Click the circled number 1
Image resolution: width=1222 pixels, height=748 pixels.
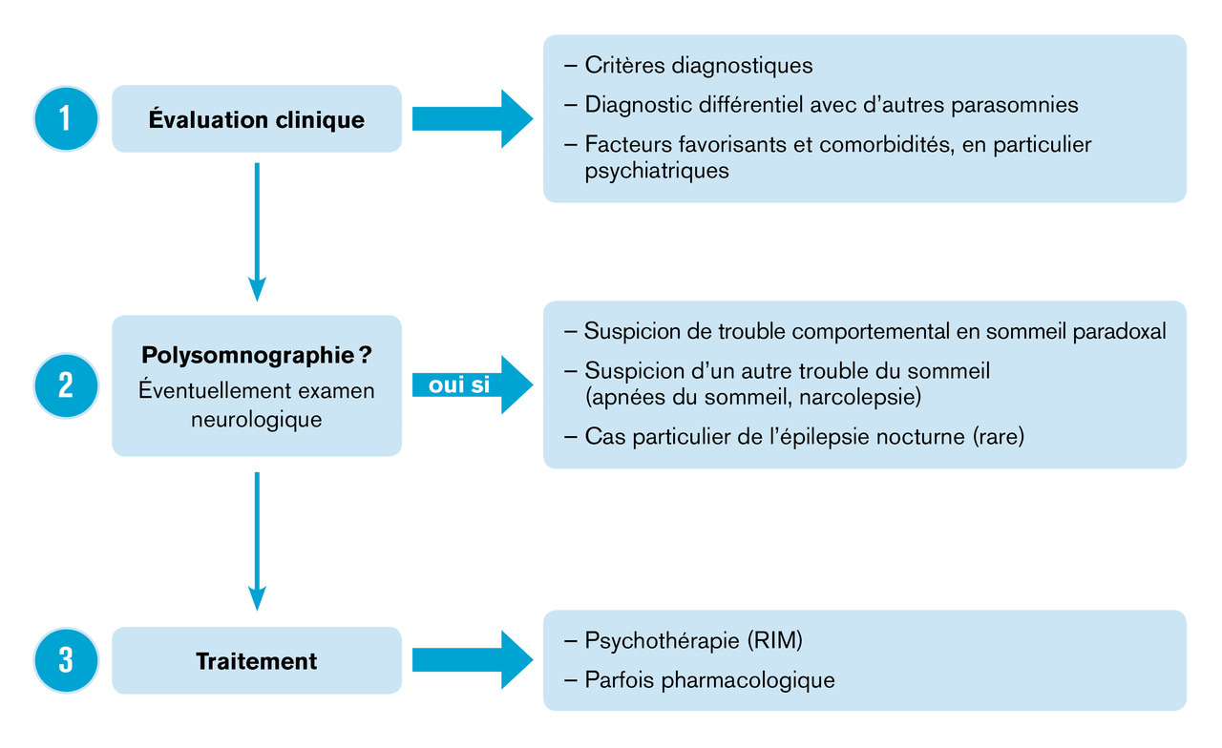point(65,119)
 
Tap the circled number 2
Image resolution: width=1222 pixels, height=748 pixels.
point(65,384)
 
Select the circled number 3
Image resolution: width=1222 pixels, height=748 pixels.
point(65,660)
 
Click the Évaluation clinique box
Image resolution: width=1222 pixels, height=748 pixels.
point(257,119)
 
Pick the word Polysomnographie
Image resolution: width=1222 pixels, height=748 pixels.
point(246,356)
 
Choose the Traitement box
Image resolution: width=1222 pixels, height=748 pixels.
point(257,660)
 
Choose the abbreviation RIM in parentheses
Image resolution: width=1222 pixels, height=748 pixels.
point(771,640)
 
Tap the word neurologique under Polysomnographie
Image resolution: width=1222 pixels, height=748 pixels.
point(257,419)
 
